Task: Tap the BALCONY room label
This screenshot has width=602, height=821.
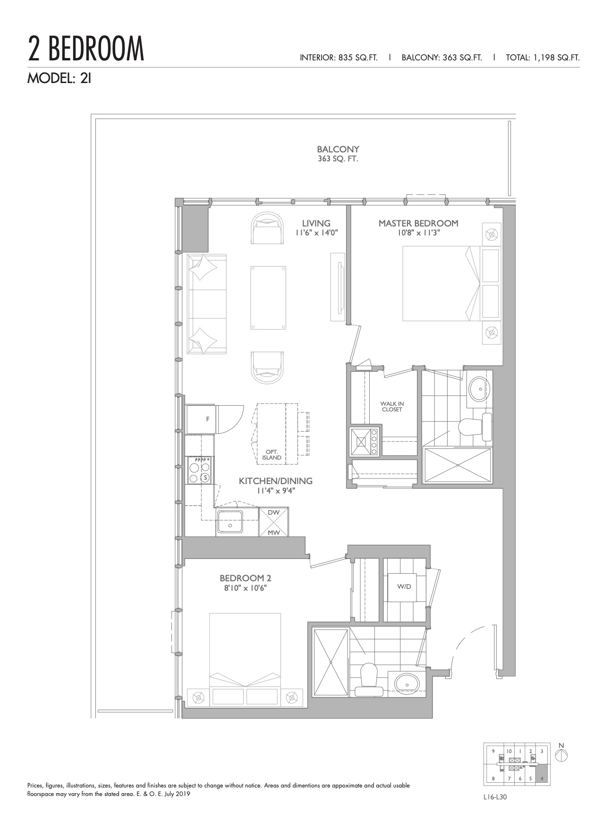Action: [x=338, y=149]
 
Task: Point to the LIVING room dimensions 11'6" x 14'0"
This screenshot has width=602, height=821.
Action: [x=316, y=233]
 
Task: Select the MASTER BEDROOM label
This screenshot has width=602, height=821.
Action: [x=418, y=223]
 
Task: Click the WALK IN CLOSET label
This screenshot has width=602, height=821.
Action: [x=392, y=407]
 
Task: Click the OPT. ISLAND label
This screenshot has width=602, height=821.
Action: [x=272, y=455]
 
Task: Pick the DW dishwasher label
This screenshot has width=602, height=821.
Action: [x=273, y=512]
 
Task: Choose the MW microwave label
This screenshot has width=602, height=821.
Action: [x=273, y=533]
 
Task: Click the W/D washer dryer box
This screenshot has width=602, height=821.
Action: [x=404, y=587]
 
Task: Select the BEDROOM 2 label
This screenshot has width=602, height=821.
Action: [x=246, y=578]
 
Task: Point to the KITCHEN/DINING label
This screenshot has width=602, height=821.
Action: [x=276, y=481]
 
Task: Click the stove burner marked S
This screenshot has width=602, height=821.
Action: [x=205, y=478]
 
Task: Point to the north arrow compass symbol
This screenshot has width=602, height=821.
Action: [x=561, y=754]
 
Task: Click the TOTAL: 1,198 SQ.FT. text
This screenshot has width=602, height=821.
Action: [x=543, y=58]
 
